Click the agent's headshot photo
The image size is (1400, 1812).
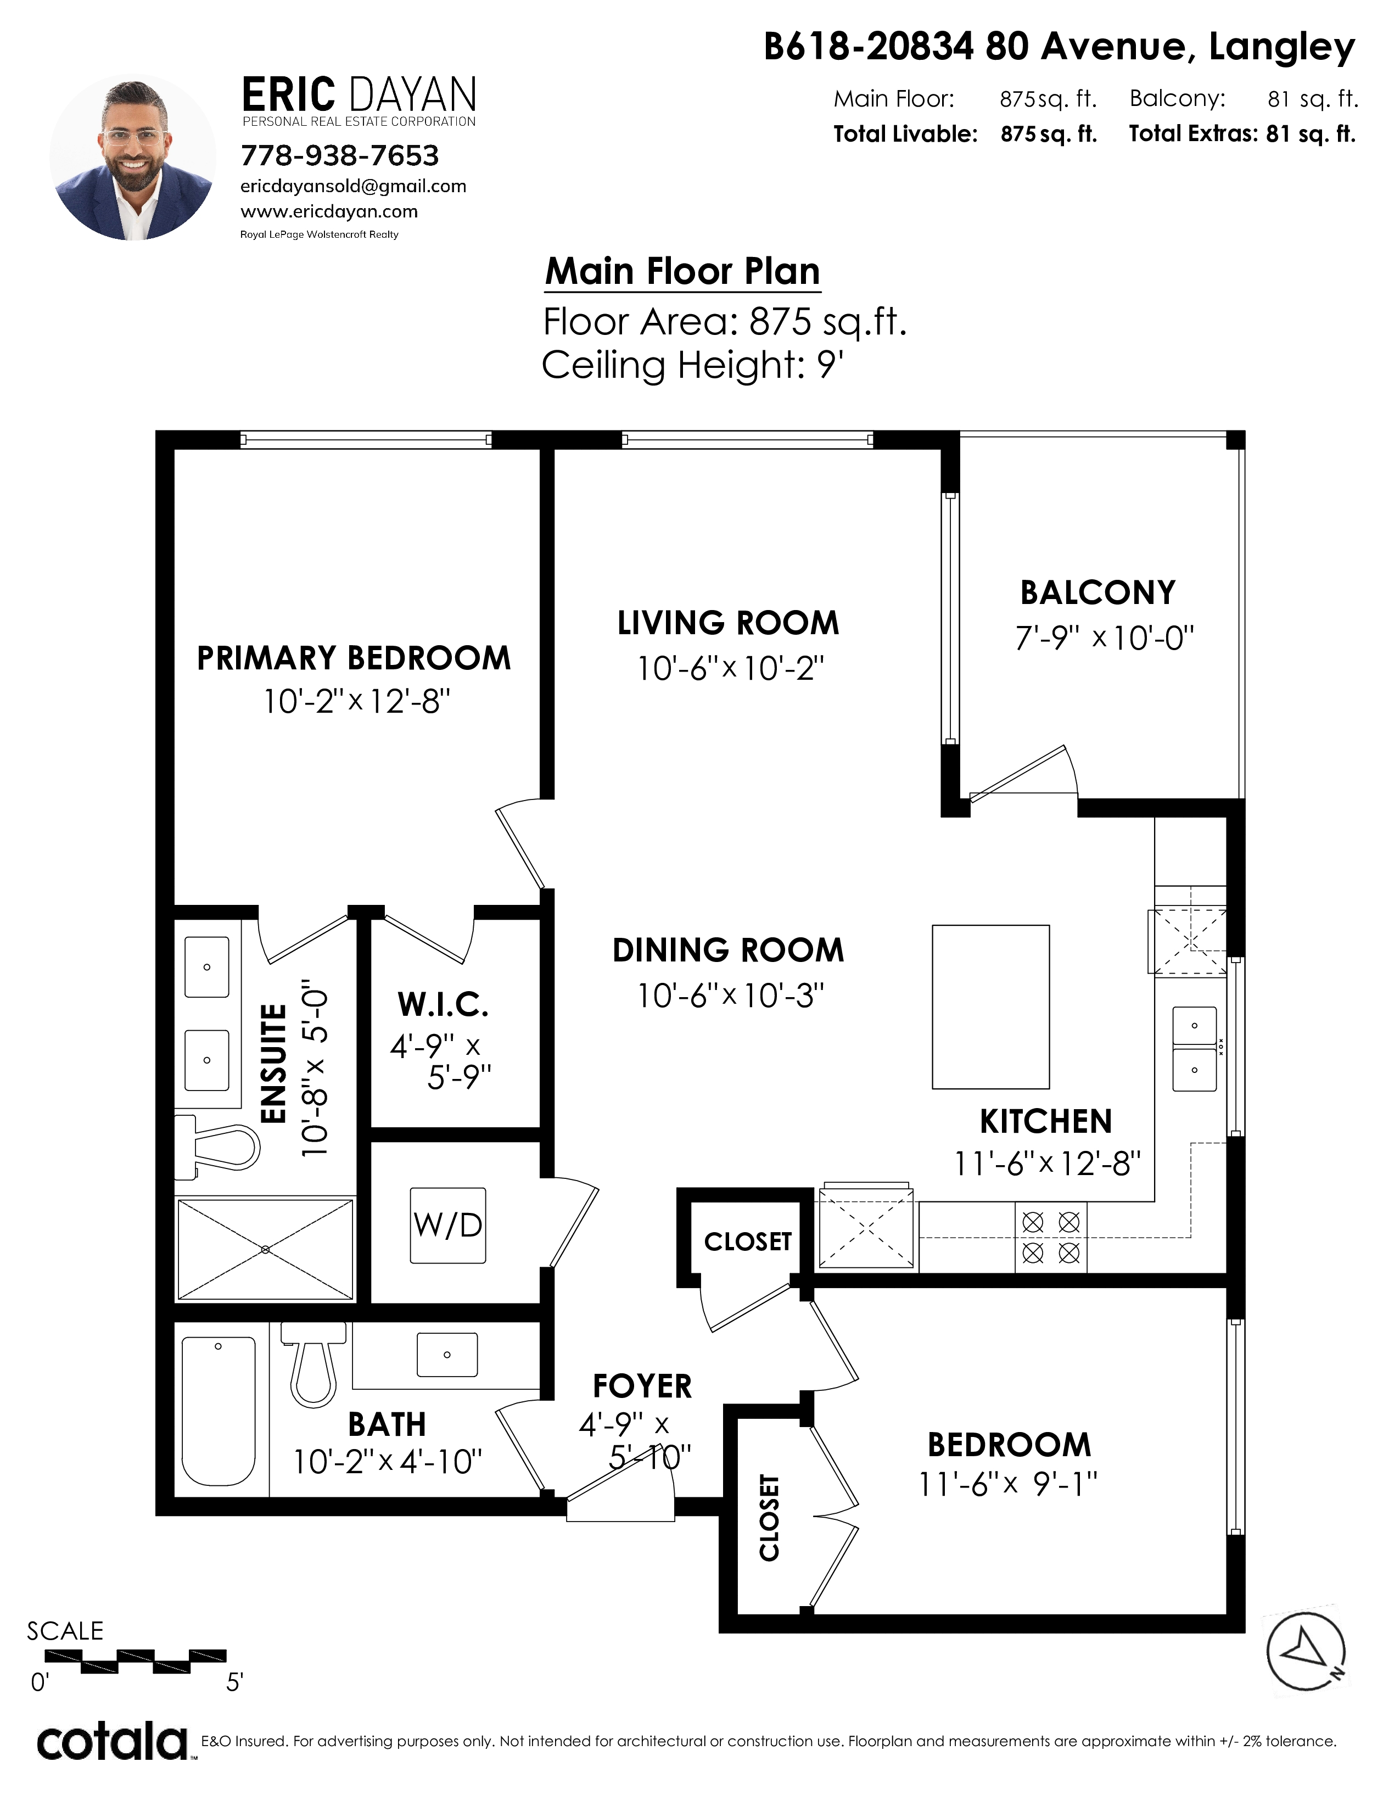[133, 158]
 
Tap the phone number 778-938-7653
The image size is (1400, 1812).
[339, 155]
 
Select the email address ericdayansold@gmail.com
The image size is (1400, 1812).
[354, 186]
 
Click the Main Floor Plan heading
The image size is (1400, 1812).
[682, 271]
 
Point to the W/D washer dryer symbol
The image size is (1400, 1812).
[448, 1226]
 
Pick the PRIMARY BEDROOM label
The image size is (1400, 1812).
[354, 658]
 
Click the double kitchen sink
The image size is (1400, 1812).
[1194, 1049]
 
